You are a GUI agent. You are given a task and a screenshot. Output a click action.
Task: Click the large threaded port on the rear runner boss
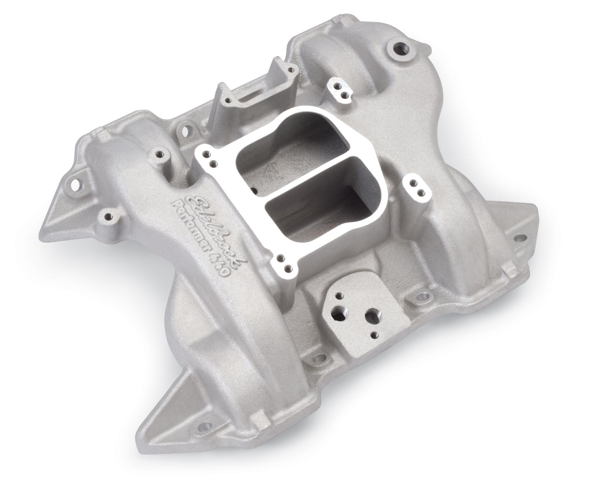click(x=399, y=49)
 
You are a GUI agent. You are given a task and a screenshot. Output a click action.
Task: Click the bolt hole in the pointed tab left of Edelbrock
click(x=76, y=182)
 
